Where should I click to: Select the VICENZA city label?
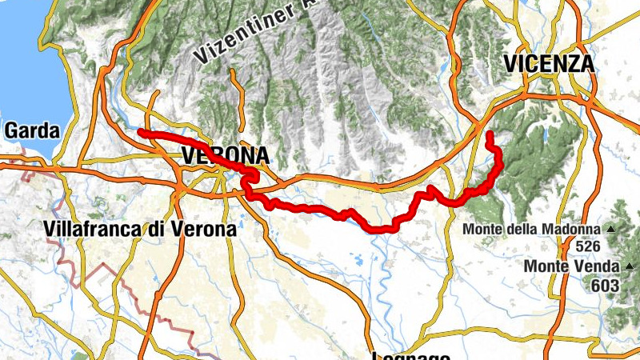(549, 63)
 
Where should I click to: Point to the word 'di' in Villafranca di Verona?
(161, 229)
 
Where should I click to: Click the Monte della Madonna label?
(531, 230)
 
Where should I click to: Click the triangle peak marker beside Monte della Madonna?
(611, 230)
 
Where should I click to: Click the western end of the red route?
(141, 131)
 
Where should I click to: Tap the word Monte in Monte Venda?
(546, 266)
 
